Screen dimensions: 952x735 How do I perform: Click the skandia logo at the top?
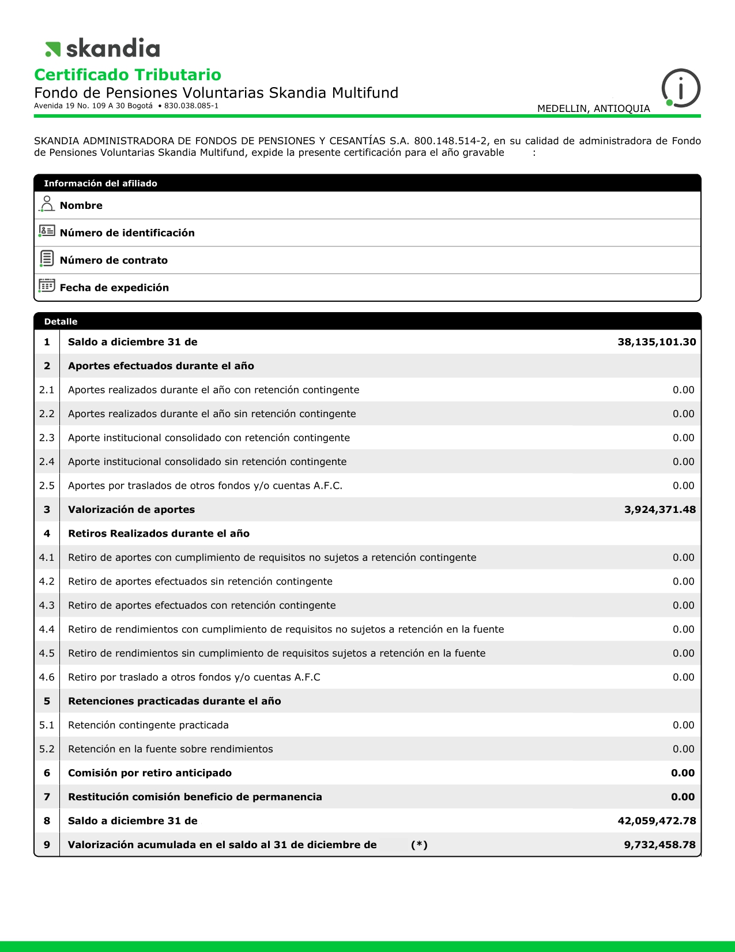tap(103, 48)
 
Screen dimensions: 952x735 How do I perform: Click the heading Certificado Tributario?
tap(127, 75)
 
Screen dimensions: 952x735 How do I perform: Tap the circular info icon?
tap(681, 88)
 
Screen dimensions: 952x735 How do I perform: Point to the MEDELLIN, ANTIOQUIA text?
tap(593, 108)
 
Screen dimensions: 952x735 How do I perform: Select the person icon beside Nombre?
tap(47, 204)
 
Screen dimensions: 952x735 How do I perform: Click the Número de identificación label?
tap(127, 233)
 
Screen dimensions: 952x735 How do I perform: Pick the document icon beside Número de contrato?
tap(47, 258)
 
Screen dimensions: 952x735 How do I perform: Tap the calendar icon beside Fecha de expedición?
tap(47, 286)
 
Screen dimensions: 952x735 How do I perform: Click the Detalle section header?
tap(61, 321)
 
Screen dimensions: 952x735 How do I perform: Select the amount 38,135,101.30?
tap(657, 342)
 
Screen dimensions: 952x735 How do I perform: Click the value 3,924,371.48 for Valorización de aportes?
tap(659, 509)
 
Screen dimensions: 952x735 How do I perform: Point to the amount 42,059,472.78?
tap(657, 820)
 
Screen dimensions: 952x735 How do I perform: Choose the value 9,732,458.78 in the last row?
tap(659, 845)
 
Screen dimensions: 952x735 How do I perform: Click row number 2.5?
tap(47, 486)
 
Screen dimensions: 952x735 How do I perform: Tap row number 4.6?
tap(47, 677)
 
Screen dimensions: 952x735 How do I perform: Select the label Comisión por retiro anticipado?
tap(150, 773)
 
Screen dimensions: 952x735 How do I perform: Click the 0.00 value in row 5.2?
tap(683, 749)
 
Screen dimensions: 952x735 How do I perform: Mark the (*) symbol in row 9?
tap(419, 845)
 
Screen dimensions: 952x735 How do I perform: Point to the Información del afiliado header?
tap(100, 183)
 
